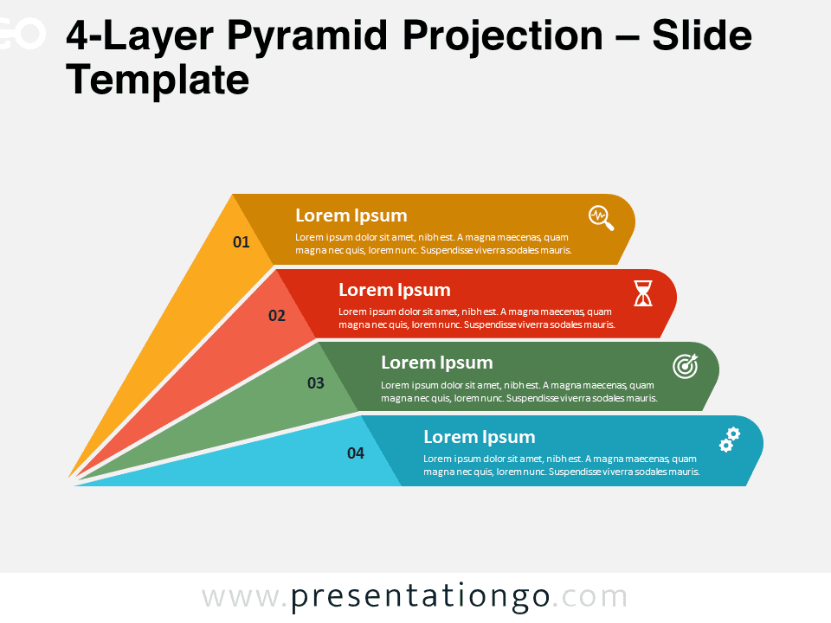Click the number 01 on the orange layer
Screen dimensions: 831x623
(242, 242)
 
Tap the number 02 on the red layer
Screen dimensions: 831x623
(277, 316)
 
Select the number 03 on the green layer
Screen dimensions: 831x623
(316, 383)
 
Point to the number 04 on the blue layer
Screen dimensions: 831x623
(356, 453)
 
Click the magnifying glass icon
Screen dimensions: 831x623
(602, 218)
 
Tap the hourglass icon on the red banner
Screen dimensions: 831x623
(643, 293)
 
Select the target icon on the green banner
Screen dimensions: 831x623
(686, 366)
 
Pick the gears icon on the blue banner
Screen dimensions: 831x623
(730, 440)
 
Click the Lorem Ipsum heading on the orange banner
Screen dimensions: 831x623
(351, 215)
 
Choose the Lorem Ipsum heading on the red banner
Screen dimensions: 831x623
(395, 290)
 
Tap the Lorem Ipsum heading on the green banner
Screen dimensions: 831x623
(437, 363)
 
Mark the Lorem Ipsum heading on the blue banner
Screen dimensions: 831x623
(480, 437)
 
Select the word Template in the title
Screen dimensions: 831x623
(158, 80)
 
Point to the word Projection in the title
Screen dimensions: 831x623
(503, 37)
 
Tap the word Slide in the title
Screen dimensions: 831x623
(702, 35)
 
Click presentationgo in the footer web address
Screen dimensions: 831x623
(420, 597)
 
